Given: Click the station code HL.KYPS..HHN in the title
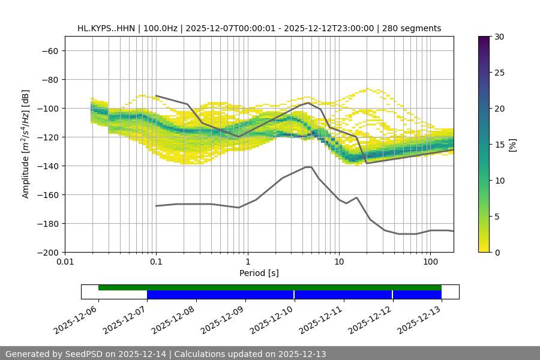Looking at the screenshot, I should [106, 28].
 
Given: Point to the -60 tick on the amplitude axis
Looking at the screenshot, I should [49, 50].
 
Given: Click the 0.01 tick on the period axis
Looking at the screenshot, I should [65, 262].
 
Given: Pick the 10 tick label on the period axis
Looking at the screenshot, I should [339, 262].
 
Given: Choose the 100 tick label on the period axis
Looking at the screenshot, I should [430, 262].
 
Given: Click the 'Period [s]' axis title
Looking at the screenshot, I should [259, 273].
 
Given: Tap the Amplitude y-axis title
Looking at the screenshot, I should [26, 144].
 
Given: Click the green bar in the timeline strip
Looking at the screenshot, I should [270, 287].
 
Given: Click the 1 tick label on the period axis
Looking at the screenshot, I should [248, 262].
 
